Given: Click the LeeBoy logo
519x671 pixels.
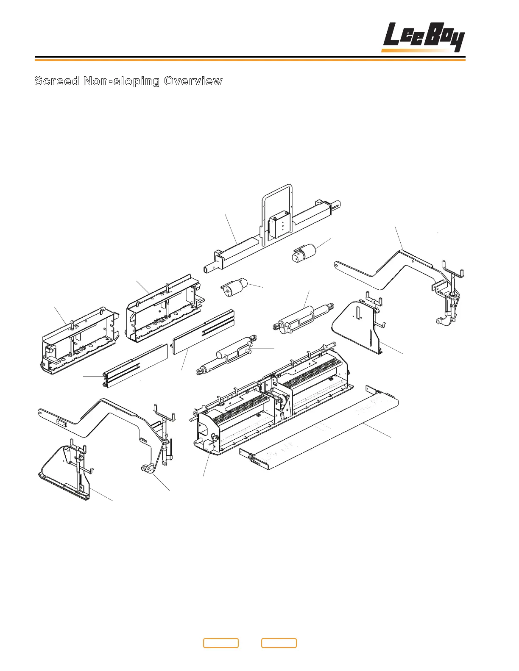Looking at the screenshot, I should click(423, 38).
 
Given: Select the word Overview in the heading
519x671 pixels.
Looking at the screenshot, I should click(193, 81).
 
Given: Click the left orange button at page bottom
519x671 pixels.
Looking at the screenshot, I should click(220, 643).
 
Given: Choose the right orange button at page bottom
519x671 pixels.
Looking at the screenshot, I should click(279, 643).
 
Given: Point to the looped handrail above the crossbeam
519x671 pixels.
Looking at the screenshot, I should click(277, 199).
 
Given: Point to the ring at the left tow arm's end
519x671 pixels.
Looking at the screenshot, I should click(147, 468).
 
